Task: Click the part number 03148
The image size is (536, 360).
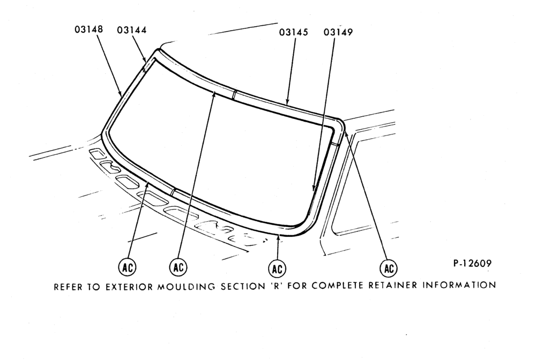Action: (88, 29)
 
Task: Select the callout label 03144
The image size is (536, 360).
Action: (132, 30)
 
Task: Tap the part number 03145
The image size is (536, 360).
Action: (293, 32)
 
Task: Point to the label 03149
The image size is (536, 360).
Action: (338, 32)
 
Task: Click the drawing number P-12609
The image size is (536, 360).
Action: (472, 264)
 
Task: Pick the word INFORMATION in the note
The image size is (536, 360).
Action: (459, 284)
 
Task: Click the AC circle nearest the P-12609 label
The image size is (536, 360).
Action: (389, 268)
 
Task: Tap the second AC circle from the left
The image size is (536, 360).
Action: (178, 267)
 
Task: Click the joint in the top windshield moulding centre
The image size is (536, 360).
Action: (234, 94)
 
